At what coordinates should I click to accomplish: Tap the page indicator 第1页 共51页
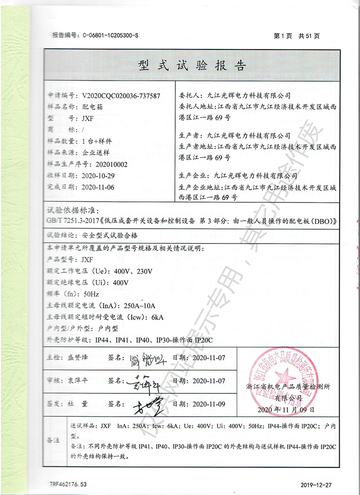coord(296,36)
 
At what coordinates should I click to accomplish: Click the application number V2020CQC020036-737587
coord(121,96)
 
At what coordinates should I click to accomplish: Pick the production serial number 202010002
coord(105,164)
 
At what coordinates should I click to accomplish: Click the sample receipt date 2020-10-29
coord(98,176)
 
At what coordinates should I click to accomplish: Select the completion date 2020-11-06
coord(98,187)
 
